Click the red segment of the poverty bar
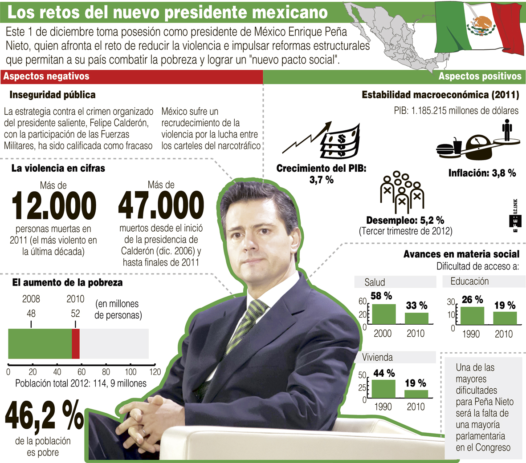pos(76,344)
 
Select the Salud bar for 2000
pos(383,314)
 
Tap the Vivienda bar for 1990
pos(383,388)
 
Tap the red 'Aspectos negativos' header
pos(46,76)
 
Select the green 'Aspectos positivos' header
pos(479,76)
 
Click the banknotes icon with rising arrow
pos(325,140)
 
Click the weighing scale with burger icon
pos(472,145)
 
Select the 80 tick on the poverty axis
pos(106,371)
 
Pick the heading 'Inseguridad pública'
pos(53,95)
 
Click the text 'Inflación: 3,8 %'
pos(482,173)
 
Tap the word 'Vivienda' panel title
pos(377,358)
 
